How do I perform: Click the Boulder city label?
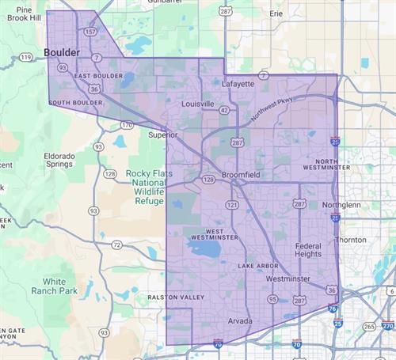(x=62, y=52)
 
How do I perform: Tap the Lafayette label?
(x=238, y=83)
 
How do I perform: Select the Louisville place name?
(x=197, y=104)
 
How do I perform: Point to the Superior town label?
(x=164, y=135)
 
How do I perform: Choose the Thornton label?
(x=350, y=240)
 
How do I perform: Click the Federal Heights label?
(x=307, y=251)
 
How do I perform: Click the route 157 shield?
(x=90, y=32)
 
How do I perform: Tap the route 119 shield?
(x=26, y=58)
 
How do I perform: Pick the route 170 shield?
(x=127, y=125)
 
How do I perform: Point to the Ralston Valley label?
(x=176, y=297)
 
